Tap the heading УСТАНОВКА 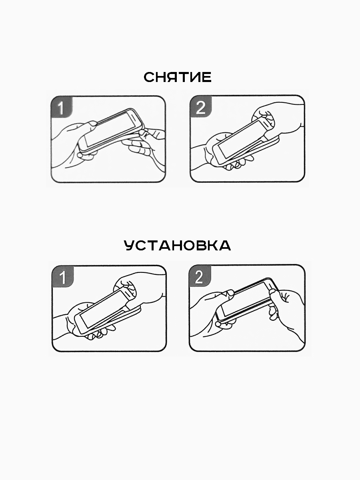(x=177, y=246)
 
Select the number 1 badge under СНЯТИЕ (x=62, y=107)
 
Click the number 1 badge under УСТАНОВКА (x=63, y=277)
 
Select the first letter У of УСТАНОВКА (x=130, y=246)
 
